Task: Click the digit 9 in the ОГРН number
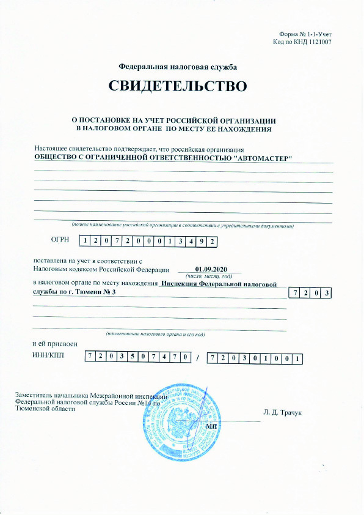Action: point(200,241)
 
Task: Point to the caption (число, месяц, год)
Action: point(209,276)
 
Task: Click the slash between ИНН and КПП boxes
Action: point(198,357)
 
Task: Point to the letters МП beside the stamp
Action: point(213,425)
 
